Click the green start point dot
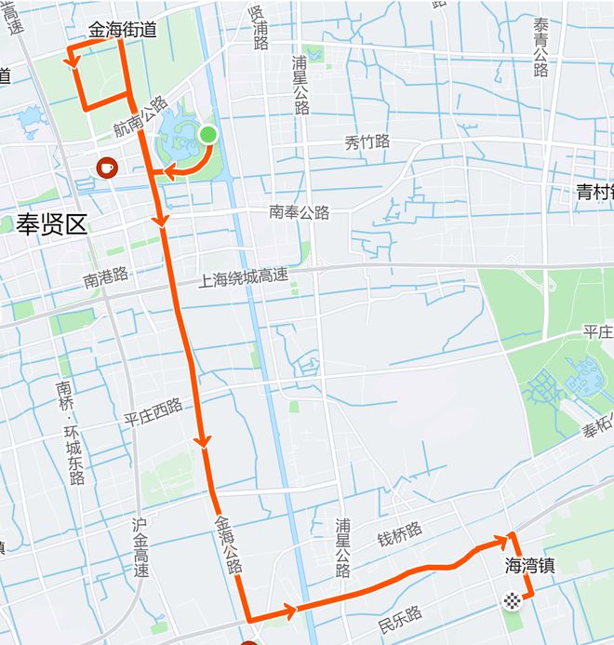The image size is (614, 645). [x=207, y=135]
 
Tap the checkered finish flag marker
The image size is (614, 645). [x=511, y=600]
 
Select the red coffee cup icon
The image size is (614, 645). [x=107, y=168]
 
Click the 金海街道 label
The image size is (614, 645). [x=123, y=30]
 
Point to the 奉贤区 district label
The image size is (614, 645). [x=51, y=223]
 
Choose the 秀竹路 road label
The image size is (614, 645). [x=367, y=142]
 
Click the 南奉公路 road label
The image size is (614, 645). [x=300, y=212]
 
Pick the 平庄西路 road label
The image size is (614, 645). [x=153, y=412]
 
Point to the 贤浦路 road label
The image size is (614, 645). [x=258, y=28]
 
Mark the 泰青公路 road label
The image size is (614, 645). [x=541, y=47]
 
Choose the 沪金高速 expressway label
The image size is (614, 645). [x=140, y=548]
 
